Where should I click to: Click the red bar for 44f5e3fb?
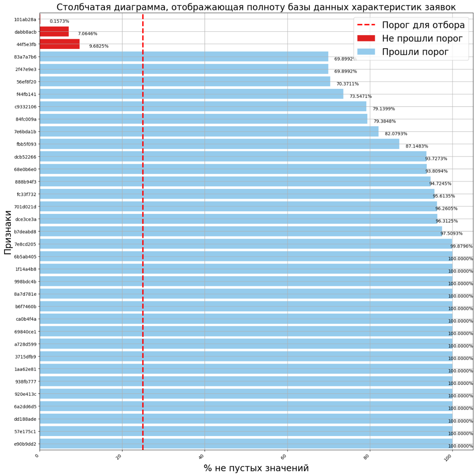[x=59, y=44]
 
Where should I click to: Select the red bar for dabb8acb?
[x=54, y=32]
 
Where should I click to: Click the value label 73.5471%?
[x=360, y=96]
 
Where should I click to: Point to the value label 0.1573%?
[x=59, y=21]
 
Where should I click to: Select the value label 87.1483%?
[x=417, y=146]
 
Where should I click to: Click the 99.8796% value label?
[x=461, y=246]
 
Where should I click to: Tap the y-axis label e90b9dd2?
[x=25, y=444]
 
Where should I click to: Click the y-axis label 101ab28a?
[x=25, y=19]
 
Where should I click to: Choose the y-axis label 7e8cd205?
[x=25, y=244]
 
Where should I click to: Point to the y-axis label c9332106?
[x=25, y=107]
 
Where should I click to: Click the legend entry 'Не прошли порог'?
[x=422, y=38]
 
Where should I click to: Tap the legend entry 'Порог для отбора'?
[x=423, y=25]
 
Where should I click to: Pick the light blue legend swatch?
[x=366, y=51]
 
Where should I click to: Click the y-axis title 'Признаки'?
[x=8, y=232]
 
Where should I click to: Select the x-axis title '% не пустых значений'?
[x=256, y=468]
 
